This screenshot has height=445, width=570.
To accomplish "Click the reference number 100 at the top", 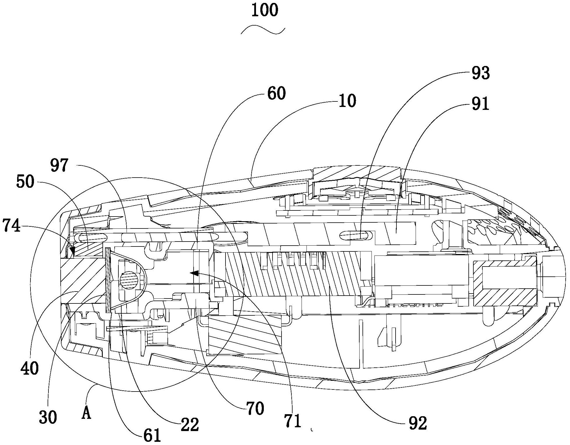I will click(x=265, y=11).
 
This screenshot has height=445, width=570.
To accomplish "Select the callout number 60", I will click(x=276, y=93).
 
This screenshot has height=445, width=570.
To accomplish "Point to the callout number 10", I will click(x=347, y=101).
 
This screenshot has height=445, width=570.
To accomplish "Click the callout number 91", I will click(x=481, y=104).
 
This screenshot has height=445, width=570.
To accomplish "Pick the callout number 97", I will click(x=59, y=166).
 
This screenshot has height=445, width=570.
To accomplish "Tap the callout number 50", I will click(x=26, y=182).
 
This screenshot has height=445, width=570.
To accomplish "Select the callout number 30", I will click(x=48, y=417).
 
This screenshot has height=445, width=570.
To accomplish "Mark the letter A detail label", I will click(x=86, y=414).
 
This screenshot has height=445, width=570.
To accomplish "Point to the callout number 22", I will click(x=190, y=425).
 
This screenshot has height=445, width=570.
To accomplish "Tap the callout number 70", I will click(x=255, y=408).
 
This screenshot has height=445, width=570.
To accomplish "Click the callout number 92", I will click(x=418, y=423).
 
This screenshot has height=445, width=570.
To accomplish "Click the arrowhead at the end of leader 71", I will click(x=194, y=273).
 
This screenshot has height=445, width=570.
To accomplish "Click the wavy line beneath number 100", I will click(x=263, y=30).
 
